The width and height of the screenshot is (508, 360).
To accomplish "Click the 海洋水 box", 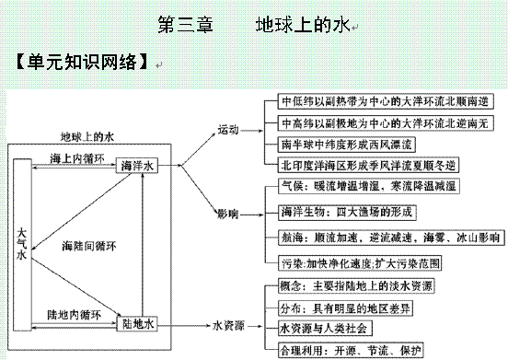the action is point(137,166).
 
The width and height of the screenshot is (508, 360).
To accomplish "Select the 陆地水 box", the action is point(137,324).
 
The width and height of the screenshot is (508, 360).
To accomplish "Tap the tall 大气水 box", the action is point(22,245).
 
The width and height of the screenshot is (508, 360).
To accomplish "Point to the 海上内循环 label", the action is point(77,158).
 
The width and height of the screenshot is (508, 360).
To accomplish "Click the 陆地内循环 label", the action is point(75,315).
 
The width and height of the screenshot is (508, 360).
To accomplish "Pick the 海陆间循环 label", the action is point(89,246).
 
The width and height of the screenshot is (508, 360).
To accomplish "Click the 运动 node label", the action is point(227,130).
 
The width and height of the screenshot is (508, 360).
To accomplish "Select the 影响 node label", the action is point(227,214).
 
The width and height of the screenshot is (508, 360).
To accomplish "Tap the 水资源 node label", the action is point(228,326).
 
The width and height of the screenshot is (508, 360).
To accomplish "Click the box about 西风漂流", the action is point(346,145).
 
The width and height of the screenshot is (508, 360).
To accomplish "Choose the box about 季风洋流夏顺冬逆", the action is point(368,165).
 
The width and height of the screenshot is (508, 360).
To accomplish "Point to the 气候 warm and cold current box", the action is point(369,186).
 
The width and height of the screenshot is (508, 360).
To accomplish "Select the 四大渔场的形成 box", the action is point(347,213).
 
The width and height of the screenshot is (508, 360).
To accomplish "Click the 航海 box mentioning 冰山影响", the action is point(391,238).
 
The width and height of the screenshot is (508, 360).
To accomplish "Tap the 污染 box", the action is point(360,263).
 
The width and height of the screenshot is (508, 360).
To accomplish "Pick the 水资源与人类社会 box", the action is point(325,329).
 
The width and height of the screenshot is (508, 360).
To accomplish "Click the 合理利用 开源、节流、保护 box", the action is point(351,350).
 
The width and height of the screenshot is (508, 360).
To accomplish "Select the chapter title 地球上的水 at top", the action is point(303,25).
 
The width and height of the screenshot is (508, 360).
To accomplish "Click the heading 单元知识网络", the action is point(81,62).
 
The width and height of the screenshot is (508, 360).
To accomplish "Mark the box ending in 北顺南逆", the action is point(386,101).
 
